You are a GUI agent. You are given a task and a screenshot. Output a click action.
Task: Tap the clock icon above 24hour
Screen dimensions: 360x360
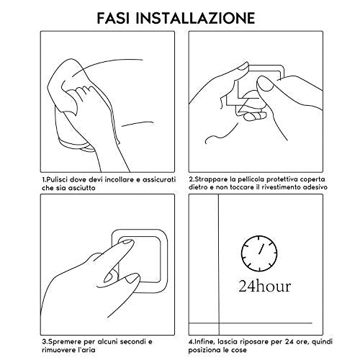point(259,253)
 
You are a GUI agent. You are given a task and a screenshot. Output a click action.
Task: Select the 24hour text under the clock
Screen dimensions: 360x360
point(265,286)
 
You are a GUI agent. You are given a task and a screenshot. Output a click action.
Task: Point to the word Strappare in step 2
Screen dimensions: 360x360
point(208,180)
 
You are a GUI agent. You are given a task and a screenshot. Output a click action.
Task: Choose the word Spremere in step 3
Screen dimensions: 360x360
point(63,342)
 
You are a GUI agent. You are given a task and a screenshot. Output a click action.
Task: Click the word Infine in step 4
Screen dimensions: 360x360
point(202,341)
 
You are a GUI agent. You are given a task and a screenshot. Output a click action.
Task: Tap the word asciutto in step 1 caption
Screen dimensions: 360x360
point(81,188)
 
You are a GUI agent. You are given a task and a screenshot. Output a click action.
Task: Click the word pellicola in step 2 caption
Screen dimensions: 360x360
point(251,179)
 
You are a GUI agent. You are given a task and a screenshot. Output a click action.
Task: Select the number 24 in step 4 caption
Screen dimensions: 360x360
point(290,341)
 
